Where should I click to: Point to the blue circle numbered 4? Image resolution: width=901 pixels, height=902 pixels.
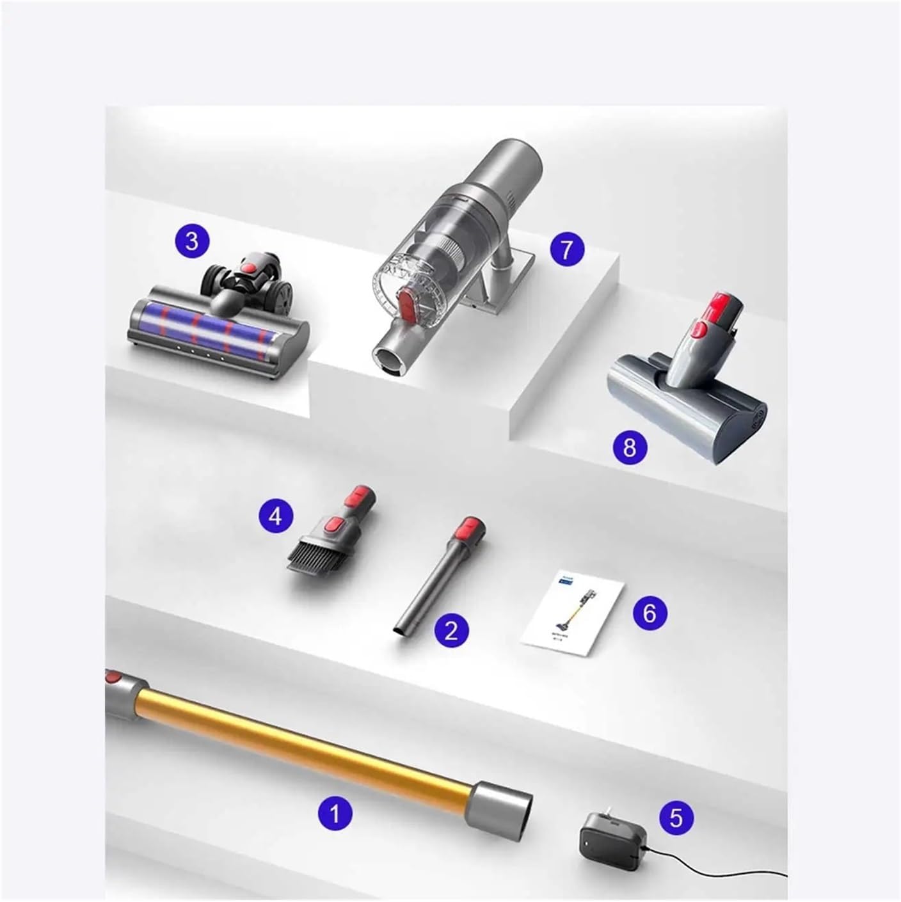[275, 516]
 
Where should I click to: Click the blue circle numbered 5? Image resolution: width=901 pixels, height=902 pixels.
[676, 817]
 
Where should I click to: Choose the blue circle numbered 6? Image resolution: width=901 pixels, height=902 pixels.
[650, 613]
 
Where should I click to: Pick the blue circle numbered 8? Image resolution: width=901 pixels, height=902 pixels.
[630, 447]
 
